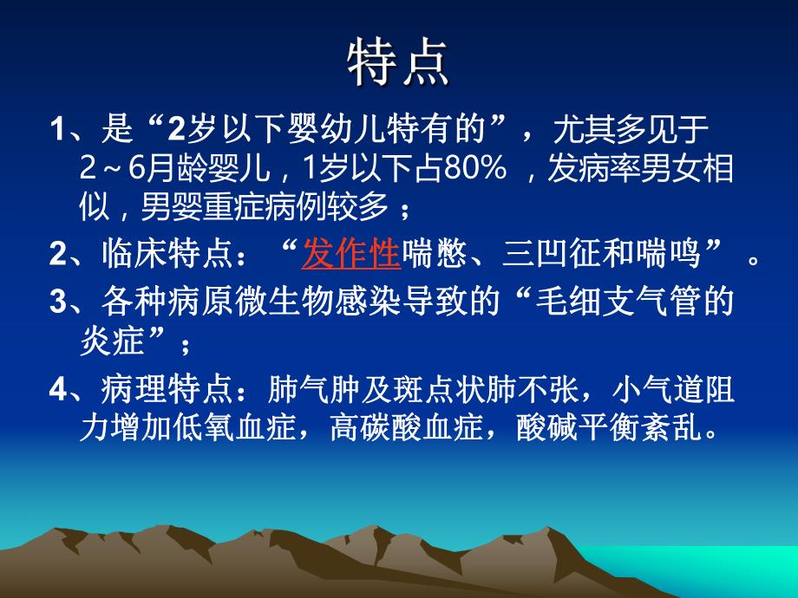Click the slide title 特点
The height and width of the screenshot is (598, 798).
click(398, 63)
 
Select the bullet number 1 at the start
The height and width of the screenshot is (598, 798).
click(56, 132)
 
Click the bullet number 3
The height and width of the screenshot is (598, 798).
click(58, 302)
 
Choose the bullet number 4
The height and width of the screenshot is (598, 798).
click(58, 391)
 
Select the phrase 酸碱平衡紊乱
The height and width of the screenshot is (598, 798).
click(606, 428)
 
